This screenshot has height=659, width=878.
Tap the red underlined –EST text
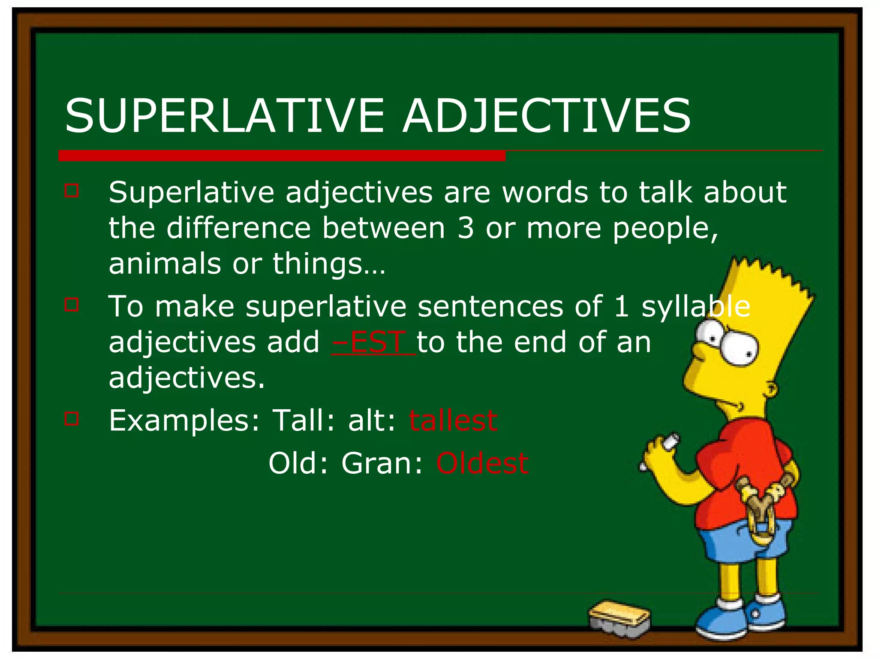tap(373, 342)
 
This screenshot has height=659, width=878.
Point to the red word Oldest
tap(482, 463)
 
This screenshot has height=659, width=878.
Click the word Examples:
tap(184, 421)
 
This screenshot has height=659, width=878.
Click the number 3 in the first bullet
tap(465, 228)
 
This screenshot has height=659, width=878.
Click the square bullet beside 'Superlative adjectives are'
tap(72, 190)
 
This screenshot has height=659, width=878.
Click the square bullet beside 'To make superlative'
tap(72, 305)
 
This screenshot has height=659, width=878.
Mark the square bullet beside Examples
tap(72, 418)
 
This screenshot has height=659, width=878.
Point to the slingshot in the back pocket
tap(764, 506)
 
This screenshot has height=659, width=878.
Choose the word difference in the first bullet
tap(238, 228)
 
